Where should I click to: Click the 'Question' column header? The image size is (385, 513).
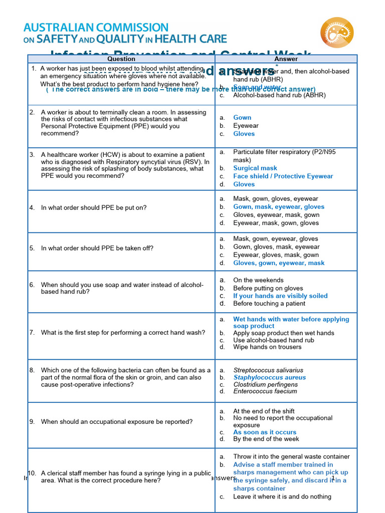click(121, 59)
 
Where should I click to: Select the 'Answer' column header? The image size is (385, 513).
click(286, 59)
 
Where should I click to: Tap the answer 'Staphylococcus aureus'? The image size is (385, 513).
click(269, 377)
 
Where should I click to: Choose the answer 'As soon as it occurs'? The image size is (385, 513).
click(265, 432)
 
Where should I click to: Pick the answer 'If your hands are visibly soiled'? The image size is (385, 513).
click(280, 296)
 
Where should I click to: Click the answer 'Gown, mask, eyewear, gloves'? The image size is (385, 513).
click(279, 206)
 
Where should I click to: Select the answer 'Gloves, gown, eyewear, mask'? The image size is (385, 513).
click(279, 263)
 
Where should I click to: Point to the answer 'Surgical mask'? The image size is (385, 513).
click(255, 168)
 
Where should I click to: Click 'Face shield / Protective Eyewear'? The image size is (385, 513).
click(283, 176)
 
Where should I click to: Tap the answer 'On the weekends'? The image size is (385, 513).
click(258, 280)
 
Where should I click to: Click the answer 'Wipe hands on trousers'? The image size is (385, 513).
click(267, 347)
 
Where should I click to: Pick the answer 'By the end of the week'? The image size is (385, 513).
click(266, 439)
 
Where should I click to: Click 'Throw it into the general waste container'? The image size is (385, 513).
click(291, 456)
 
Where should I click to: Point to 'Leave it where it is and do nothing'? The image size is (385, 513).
click(282, 496)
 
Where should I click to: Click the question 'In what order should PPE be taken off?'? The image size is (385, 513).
click(97, 248)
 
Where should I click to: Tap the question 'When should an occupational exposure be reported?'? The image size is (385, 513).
click(117, 422)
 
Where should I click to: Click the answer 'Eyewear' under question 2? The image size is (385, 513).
click(246, 126)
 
